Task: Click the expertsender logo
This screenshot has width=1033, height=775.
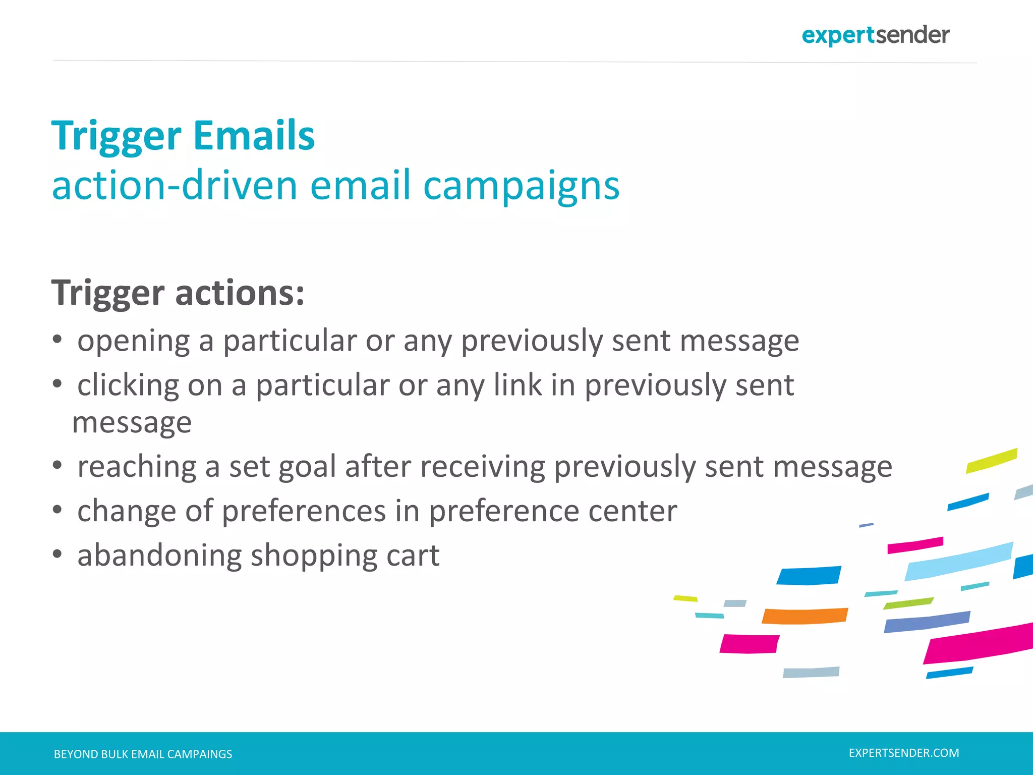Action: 875,35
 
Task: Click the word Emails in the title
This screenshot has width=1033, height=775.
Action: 254,136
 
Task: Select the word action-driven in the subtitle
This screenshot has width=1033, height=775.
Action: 175,186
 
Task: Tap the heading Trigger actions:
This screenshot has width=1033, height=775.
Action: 178,293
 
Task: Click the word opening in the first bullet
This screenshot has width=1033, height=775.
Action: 133,342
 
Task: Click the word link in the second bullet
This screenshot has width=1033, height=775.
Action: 517,385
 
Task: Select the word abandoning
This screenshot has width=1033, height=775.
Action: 159,556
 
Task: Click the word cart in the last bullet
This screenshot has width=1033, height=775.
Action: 413,556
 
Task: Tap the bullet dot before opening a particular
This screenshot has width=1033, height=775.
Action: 58,340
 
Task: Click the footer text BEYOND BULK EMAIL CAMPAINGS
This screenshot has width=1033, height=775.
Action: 143,754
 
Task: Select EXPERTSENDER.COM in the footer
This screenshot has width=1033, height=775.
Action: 904,753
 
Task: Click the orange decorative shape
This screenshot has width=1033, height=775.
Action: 805,616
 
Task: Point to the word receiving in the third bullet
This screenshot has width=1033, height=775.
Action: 482,467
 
